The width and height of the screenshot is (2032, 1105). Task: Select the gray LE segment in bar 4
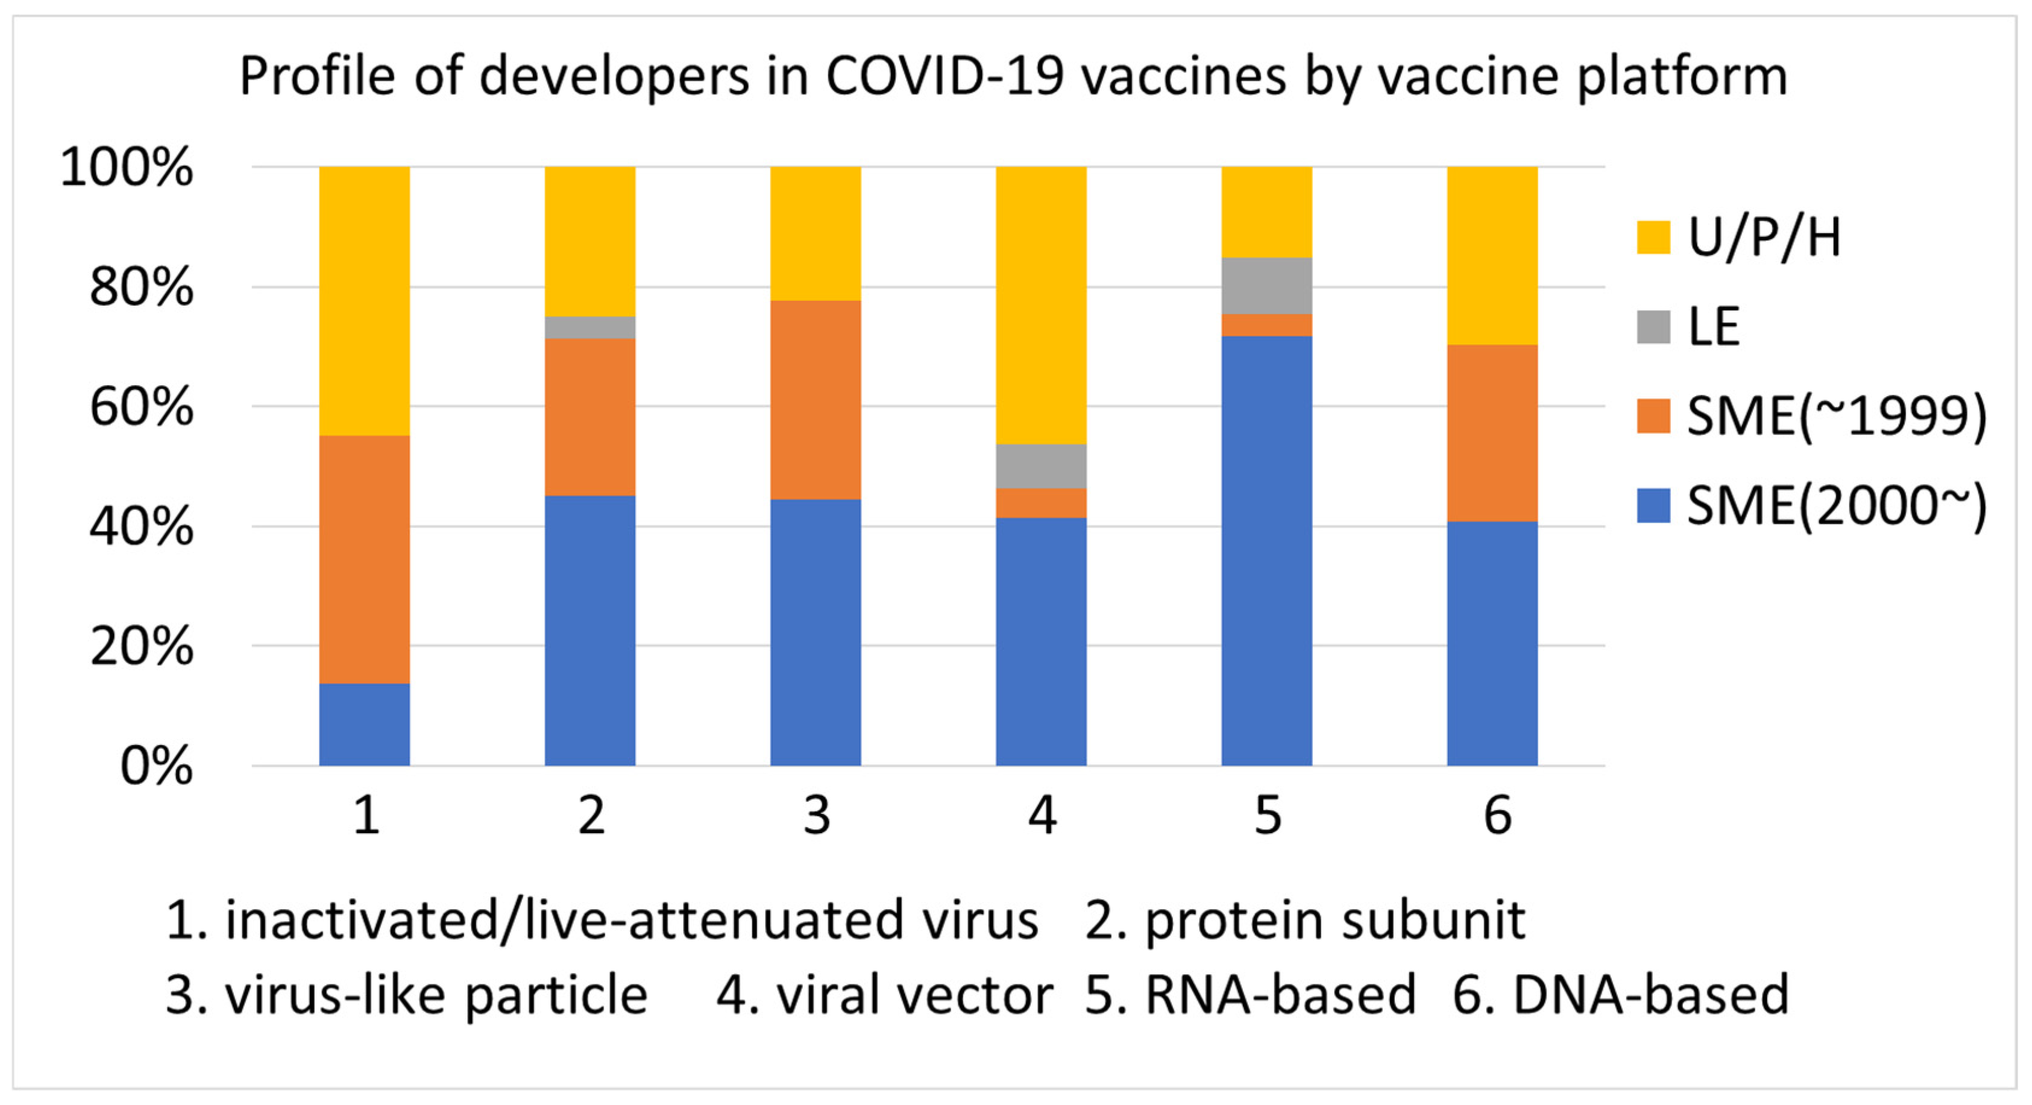point(1040,466)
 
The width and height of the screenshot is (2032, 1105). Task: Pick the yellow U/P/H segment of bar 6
point(1492,256)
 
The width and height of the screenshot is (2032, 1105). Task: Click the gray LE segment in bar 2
point(590,327)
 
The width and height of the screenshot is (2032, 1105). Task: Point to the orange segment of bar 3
point(815,399)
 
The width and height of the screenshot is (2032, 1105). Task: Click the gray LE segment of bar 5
point(1266,286)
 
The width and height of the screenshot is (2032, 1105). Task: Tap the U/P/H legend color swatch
point(1653,238)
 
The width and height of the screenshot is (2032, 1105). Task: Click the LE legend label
point(1713,327)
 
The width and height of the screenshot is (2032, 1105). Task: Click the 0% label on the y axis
point(156,766)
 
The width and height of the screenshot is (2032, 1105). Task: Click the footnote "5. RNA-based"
point(1250,995)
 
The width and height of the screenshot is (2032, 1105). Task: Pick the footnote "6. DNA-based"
point(1620,995)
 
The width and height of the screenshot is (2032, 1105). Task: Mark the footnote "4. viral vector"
point(884,995)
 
